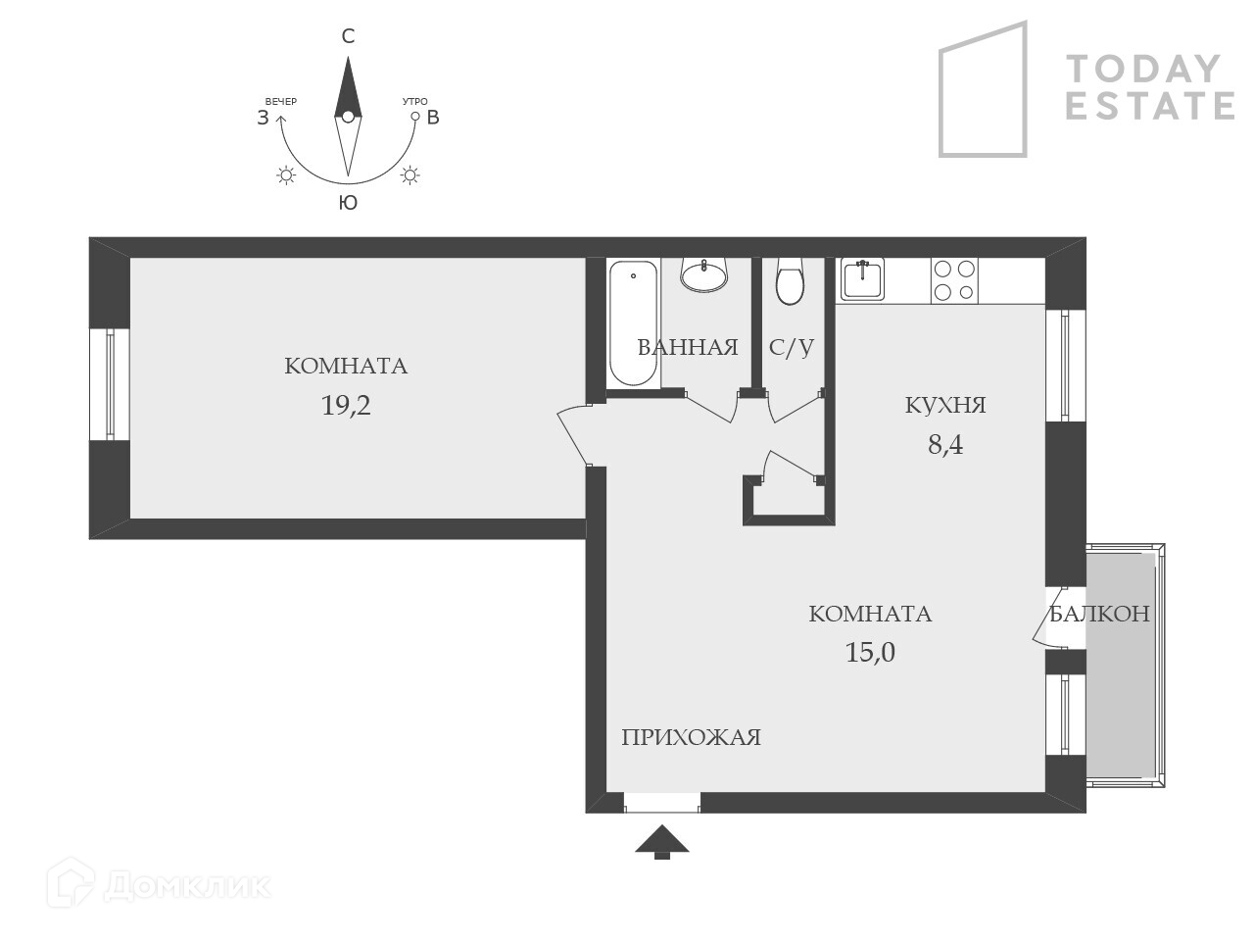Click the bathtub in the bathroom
coord(633,323)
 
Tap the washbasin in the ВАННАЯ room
coord(704,275)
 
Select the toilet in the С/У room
coord(790,282)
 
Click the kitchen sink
coord(862,278)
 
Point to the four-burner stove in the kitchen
coord(954,280)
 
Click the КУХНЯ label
coord(945,405)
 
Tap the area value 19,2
coord(346,405)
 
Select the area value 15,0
coord(870,652)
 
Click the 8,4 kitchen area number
coord(945,445)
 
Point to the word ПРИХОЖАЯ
coord(691,738)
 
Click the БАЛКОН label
coord(1099,615)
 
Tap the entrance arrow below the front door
coord(662,841)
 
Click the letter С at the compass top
coord(348,37)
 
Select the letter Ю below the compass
coord(348,203)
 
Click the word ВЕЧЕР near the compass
coord(280,102)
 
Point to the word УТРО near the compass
coord(414,102)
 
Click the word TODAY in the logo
coord(1143,69)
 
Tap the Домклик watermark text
coord(186,886)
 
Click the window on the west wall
coord(110,384)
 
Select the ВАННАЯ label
coord(687,347)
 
